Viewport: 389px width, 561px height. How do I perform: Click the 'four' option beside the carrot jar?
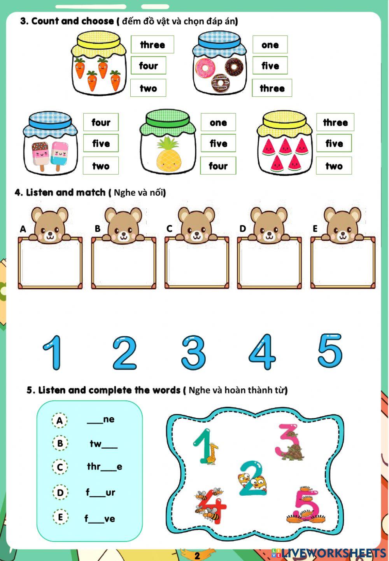(x=148, y=66)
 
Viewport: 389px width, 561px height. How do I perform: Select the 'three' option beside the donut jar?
(x=272, y=88)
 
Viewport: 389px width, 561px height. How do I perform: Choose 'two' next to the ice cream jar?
(x=101, y=166)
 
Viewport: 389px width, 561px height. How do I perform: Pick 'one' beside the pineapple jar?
(x=218, y=122)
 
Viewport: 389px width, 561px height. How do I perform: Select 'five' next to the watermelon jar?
(x=334, y=143)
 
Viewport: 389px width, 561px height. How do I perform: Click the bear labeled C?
(x=196, y=225)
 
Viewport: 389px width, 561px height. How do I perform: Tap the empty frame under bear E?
(x=343, y=264)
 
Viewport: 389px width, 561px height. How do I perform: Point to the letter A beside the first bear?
(x=23, y=229)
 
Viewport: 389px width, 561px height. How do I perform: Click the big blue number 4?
(x=262, y=352)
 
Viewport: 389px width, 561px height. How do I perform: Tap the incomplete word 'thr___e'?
(x=104, y=467)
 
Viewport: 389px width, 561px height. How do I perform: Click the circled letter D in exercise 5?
(x=60, y=493)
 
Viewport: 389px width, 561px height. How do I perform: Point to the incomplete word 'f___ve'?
(x=100, y=518)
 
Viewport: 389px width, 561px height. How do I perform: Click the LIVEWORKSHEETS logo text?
(x=333, y=553)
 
